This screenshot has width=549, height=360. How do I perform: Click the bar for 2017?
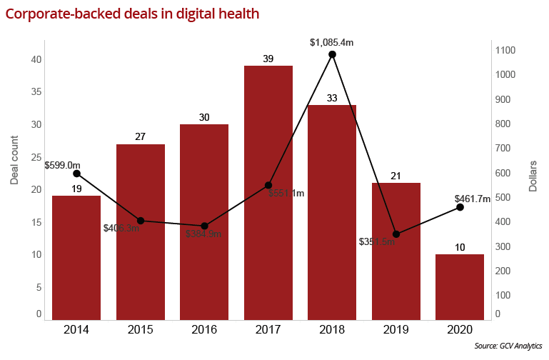click(268, 193)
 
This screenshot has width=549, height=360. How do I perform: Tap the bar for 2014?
click(76, 257)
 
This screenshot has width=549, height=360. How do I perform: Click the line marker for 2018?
click(332, 54)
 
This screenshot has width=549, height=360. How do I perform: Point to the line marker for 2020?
click(460, 207)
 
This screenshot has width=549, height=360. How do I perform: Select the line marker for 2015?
click(141, 221)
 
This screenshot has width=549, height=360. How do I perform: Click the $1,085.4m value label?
click(332, 43)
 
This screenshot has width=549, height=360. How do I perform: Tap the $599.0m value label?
click(62, 165)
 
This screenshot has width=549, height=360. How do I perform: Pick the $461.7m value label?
click(472, 199)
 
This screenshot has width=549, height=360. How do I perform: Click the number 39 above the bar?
click(268, 58)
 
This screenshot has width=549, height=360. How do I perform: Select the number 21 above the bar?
click(396, 176)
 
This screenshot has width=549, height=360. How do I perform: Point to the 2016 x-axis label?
click(204, 330)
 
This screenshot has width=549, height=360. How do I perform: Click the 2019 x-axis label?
click(396, 330)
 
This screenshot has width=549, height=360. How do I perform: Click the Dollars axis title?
click(533, 177)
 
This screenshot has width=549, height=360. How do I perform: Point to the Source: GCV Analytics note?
click(508, 346)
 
